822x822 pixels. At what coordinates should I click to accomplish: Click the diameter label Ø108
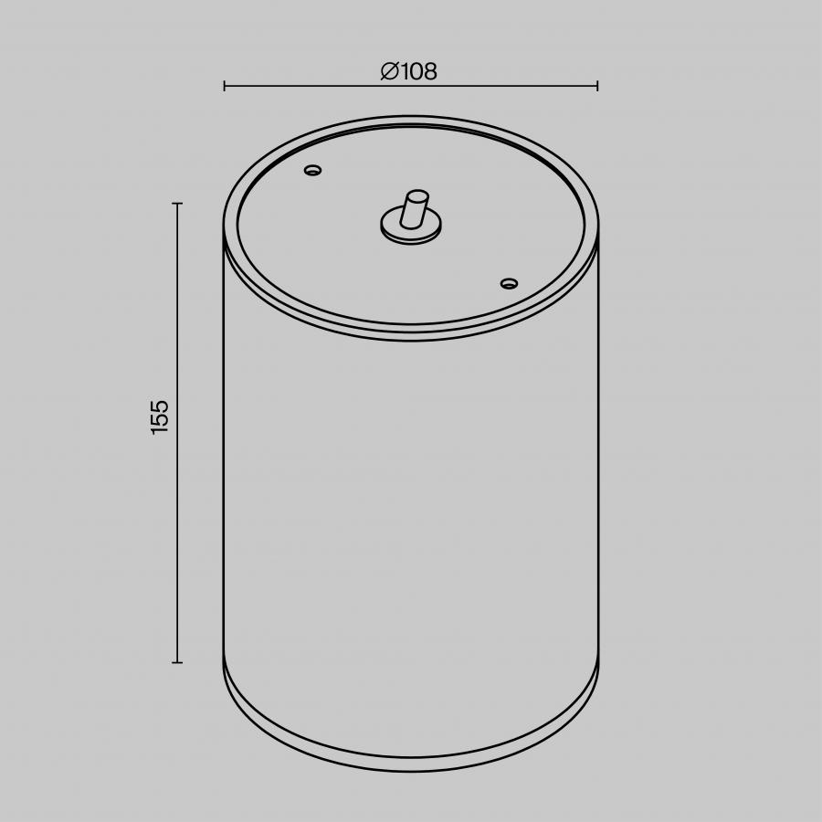tap(408, 71)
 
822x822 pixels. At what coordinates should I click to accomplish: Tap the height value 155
tap(159, 417)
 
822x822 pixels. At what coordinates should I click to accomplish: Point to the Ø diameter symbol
tap(390, 71)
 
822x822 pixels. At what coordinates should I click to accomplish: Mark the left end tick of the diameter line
tap(225, 86)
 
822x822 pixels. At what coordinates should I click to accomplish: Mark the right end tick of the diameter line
tap(597, 86)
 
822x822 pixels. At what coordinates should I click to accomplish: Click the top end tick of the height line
tap(177, 203)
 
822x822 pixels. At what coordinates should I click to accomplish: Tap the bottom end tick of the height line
tap(177, 663)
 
